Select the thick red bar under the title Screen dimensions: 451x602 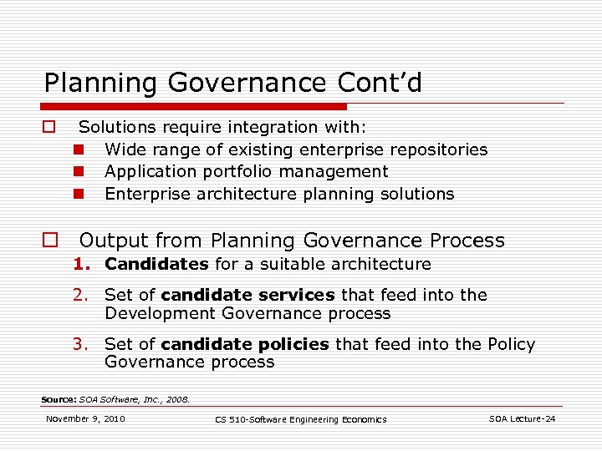[194, 107]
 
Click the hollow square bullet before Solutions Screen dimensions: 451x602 [49, 128]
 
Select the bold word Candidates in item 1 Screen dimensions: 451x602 [156, 265]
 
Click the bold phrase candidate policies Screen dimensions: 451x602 [245, 345]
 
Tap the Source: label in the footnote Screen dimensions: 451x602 [58, 400]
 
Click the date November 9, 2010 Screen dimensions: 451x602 [85, 419]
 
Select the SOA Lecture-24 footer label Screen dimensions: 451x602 [522, 419]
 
